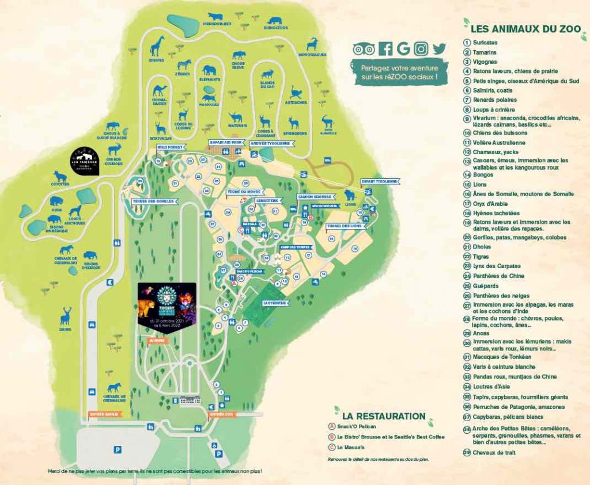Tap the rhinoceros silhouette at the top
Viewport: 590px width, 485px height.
[x=275, y=20]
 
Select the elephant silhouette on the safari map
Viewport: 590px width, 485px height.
[x=209, y=70]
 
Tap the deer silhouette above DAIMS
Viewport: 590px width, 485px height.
[x=66, y=315]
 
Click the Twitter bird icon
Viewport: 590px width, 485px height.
[x=440, y=49]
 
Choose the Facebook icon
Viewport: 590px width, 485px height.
[x=385, y=49]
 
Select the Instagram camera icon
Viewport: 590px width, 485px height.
[x=421, y=49]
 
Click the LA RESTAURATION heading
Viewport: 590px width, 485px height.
[x=383, y=416]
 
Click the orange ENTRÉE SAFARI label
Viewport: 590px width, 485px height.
[x=104, y=414]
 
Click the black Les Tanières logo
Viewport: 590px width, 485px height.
[x=84, y=161]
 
